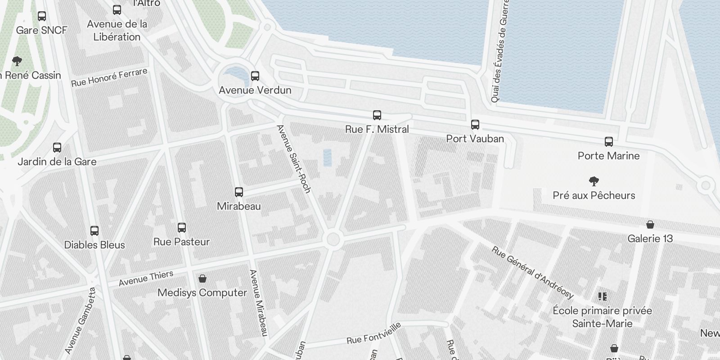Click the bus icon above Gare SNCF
(42, 16)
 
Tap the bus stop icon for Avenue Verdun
(255, 76)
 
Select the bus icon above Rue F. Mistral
(377, 115)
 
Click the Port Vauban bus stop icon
(475, 124)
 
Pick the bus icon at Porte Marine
(609, 141)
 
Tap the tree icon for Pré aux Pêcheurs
(594, 181)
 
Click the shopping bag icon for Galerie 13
(650, 224)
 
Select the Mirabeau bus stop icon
(239, 192)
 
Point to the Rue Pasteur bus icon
(182, 227)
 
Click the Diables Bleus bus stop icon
(94, 231)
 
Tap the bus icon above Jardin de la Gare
(57, 147)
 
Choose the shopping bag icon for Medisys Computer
(202, 279)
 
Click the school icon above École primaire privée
(603, 296)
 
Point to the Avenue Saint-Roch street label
(294, 159)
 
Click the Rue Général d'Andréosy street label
(533, 273)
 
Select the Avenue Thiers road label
(146, 279)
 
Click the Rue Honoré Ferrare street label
(109, 77)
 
